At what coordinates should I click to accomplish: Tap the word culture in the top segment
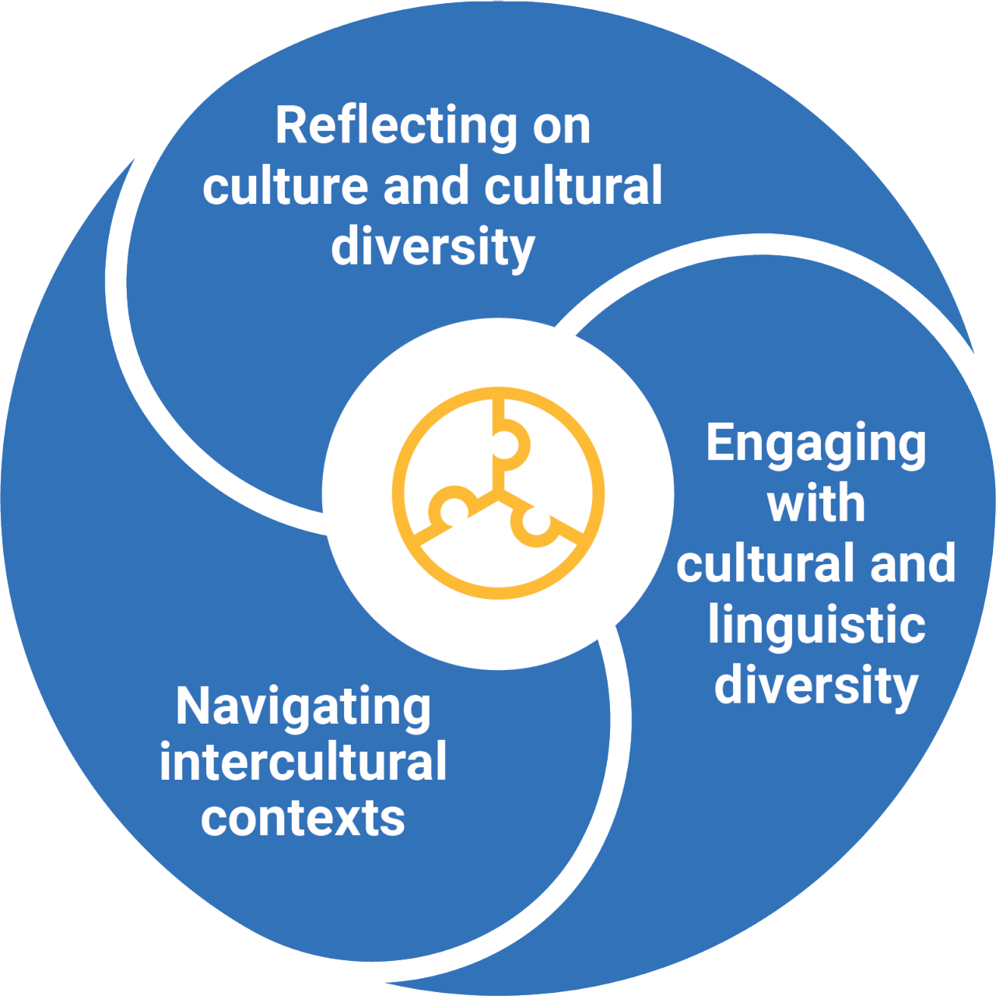(285, 187)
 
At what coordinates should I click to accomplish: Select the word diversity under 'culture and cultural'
(433, 247)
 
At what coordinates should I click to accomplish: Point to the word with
(815, 504)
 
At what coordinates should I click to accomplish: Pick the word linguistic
(816, 625)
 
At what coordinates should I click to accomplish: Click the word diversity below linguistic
(816, 686)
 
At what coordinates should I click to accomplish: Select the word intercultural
(303, 762)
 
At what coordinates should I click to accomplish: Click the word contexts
(303, 819)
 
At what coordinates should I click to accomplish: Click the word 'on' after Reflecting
(561, 126)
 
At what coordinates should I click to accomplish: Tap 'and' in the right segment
(913, 564)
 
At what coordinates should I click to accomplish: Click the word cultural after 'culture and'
(573, 187)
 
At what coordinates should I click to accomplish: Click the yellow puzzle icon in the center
(498, 493)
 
